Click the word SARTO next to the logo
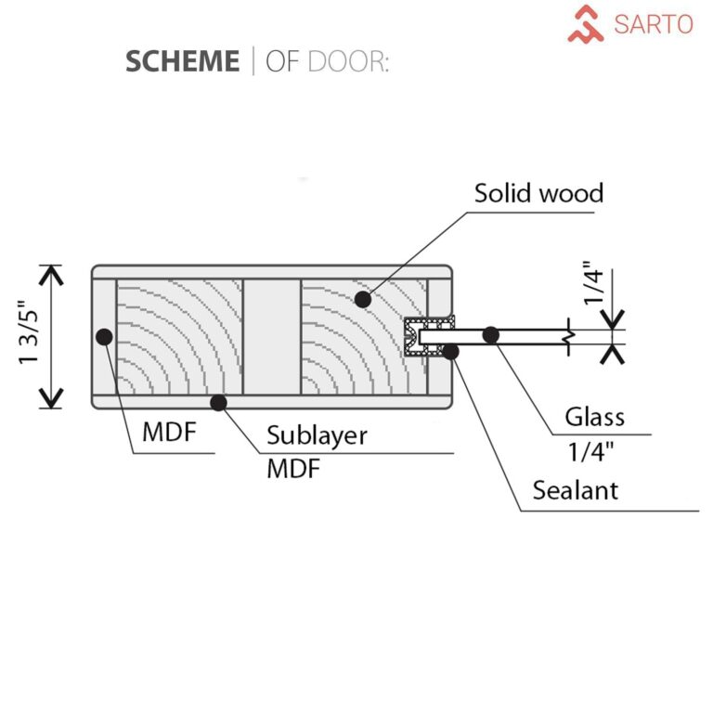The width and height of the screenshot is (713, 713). pyautogui.click(x=654, y=24)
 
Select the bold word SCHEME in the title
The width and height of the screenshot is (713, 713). pyautogui.click(x=182, y=60)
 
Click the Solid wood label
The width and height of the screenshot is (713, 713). pyautogui.click(x=538, y=193)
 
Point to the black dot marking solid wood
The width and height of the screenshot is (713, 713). pyautogui.click(x=363, y=299)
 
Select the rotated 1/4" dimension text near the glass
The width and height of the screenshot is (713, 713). pyautogui.click(x=595, y=288)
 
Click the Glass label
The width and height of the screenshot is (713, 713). pyautogui.click(x=595, y=417)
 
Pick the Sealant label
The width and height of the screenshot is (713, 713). pyautogui.click(x=575, y=489)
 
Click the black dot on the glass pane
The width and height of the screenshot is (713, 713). pyautogui.click(x=491, y=334)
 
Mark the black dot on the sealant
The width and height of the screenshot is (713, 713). pyautogui.click(x=451, y=350)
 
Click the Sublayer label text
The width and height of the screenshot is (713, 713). pyautogui.click(x=317, y=435)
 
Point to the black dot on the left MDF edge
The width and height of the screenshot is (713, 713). pyautogui.click(x=104, y=336)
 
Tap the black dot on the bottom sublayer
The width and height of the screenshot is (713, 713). pyautogui.click(x=219, y=402)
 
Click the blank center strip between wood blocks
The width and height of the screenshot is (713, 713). pyautogui.click(x=271, y=335)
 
